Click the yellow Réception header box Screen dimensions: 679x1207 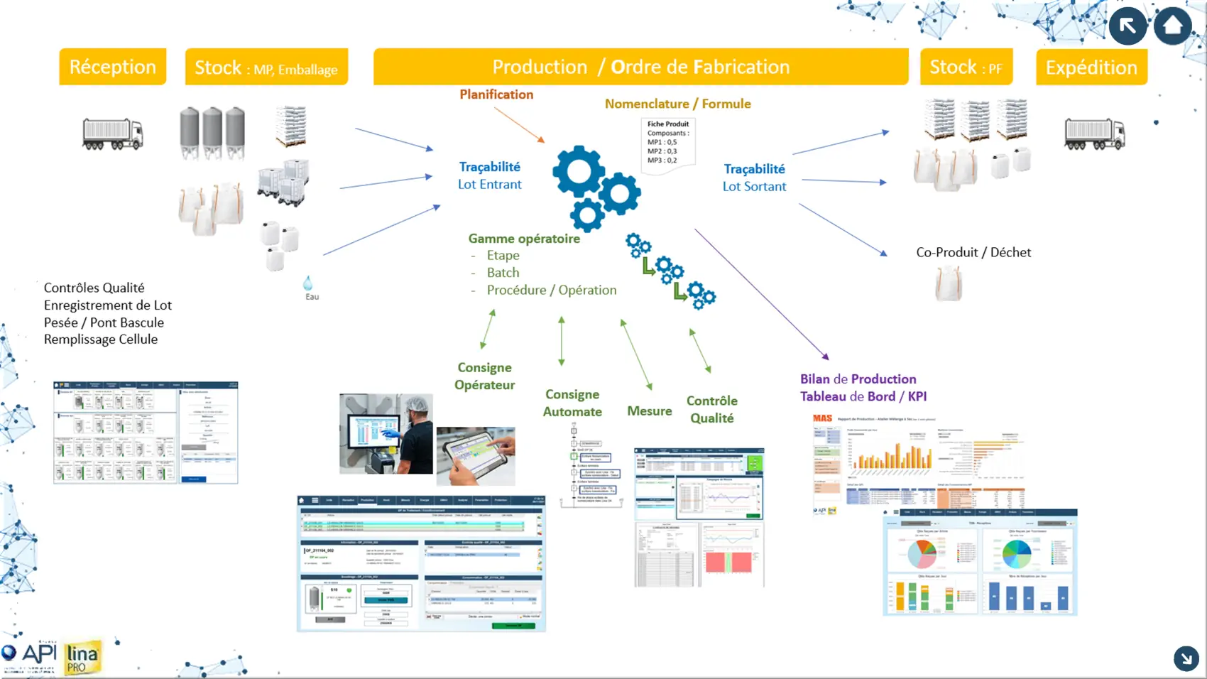pos(112,67)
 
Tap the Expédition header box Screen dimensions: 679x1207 pos(1091,67)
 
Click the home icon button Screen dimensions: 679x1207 pos(1172,26)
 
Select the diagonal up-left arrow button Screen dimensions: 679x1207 pos(1127,26)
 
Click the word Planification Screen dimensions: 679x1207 pos(496,94)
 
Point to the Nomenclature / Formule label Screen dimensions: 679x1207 pos(677,104)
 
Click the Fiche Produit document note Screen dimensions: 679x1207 pos(668,143)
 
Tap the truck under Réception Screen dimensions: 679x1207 pos(112,134)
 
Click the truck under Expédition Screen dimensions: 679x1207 pos(1094,134)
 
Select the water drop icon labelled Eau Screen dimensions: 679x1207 pos(308,284)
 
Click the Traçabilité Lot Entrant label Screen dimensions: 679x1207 pos(490,175)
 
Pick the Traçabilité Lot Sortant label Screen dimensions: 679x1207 pos(754,178)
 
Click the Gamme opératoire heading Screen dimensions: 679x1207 pos(524,239)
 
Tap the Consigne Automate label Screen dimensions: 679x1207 pos(572,403)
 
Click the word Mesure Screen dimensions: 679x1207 pos(649,411)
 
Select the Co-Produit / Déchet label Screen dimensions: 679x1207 pos(973,252)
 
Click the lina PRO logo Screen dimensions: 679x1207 pos(82,658)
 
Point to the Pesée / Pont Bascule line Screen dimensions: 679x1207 pos(104,322)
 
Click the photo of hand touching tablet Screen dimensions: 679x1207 pos(476,455)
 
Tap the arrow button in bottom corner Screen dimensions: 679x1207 pos(1186,658)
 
